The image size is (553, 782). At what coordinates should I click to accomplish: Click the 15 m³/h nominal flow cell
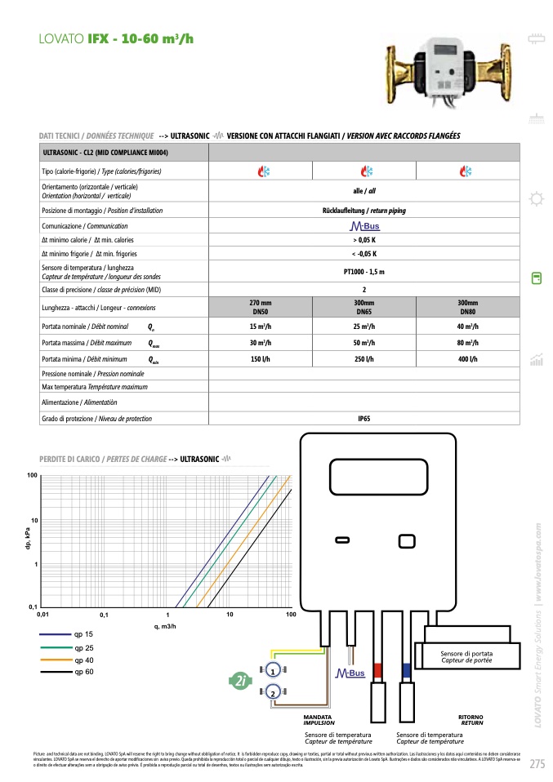(x=261, y=327)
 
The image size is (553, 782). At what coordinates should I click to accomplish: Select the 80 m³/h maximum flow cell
(x=466, y=343)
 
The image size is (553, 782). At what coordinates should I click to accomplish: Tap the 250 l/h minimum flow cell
(x=363, y=359)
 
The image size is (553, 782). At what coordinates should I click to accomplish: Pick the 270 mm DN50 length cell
(x=261, y=307)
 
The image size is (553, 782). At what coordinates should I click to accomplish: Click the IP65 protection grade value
(x=363, y=419)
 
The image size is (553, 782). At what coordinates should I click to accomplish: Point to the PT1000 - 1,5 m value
(x=363, y=272)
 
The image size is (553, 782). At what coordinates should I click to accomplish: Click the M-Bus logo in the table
(x=364, y=226)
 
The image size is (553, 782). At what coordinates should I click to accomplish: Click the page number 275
(x=537, y=764)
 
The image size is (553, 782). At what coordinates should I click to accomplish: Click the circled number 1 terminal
(x=273, y=669)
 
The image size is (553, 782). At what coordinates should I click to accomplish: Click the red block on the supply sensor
(x=377, y=671)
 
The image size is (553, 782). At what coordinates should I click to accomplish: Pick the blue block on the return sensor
(x=406, y=671)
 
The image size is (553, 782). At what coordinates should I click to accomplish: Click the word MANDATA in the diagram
(x=318, y=717)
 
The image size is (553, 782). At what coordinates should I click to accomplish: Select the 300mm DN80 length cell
(x=466, y=307)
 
